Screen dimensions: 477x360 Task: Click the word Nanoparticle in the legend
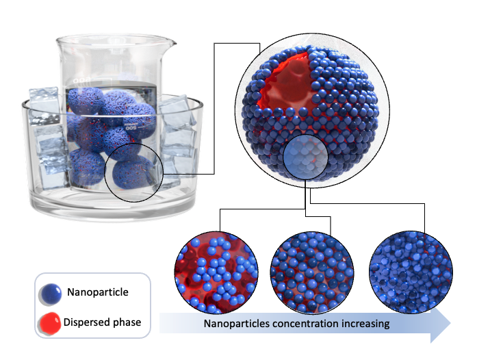pos(98,292)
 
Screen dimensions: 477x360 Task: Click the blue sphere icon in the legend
pos(50,294)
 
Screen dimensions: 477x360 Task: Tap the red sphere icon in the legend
pos(49,324)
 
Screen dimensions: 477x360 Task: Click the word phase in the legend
pos(127,323)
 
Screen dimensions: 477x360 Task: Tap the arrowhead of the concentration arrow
pos(441,324)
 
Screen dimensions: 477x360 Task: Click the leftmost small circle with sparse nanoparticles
pos(216,272)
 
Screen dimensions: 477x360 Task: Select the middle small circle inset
pos(312,272)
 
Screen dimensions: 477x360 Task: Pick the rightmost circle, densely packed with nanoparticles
pos(411,272)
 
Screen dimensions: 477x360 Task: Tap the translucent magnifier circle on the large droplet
pos(305,157)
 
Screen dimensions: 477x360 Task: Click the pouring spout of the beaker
pos(171,43)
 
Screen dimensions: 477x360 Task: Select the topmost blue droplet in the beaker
pos(86,101)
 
